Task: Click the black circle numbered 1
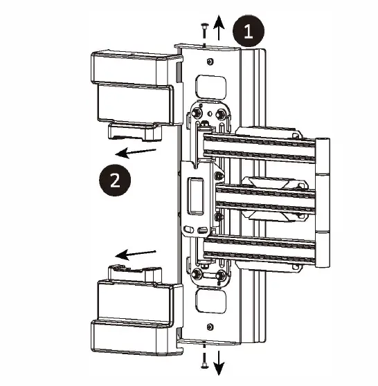[248, 32]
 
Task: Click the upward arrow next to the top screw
[219, 29]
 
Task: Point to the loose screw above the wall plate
[205, 29]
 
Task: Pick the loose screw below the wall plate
[205, 358]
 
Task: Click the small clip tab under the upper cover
[132, 130]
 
